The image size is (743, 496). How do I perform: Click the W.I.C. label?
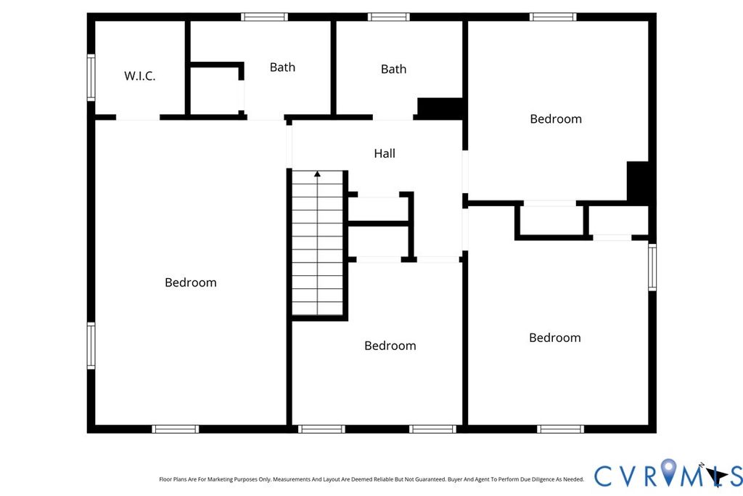click(140, 76)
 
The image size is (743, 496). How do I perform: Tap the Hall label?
click(385, 153)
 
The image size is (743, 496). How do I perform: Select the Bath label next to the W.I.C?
click(282, 68)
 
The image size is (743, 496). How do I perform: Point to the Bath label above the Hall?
click(393, 69)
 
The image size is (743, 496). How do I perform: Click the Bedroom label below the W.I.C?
click(191, 282)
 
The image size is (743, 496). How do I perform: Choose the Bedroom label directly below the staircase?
click(390, 346)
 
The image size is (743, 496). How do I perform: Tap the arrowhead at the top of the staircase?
click(317, 174)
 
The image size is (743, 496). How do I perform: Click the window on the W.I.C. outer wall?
click(91, 77)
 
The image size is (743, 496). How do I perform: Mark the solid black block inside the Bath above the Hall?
click(440, 109)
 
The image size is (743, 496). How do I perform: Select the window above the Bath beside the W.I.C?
click(264, 17)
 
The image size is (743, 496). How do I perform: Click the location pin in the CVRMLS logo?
click(668, 471)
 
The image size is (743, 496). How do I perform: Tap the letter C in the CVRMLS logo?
click(603, 476)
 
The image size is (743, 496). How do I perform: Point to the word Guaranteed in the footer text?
click(431, 479)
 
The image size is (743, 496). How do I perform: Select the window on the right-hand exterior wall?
click(652, 267)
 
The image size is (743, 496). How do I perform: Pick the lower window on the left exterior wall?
click(91, 346)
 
